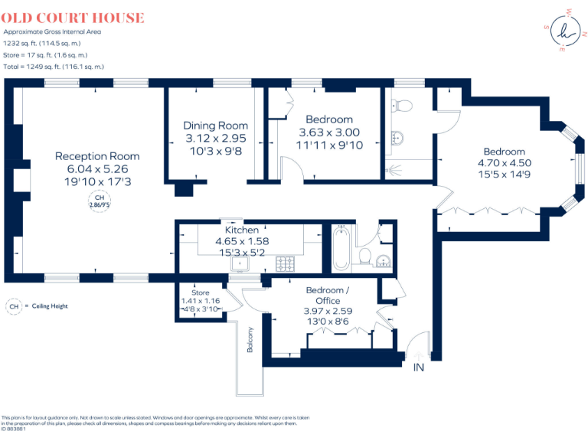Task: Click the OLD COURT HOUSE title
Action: click(x=73, y=18)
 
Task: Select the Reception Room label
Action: click(x=97, y=156)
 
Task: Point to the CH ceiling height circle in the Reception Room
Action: click(x=97, y=203)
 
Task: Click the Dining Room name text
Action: click(x=215, y=126)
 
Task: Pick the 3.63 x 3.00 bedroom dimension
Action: click(x=328, y=132)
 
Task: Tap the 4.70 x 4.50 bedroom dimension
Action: click(x=504, y=163)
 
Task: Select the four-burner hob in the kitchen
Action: click(x=286, y=264)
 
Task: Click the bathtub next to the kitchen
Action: click(x=341, y=250)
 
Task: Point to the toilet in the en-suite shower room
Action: click(x=405, y=106)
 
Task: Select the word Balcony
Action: click(x=250, y=339)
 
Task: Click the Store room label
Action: click(x=200, y=292)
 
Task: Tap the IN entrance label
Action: click(x=418, y=368)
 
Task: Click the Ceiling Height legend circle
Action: click(x=12, y=306)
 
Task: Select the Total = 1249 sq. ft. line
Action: click(x=54, y=67)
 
